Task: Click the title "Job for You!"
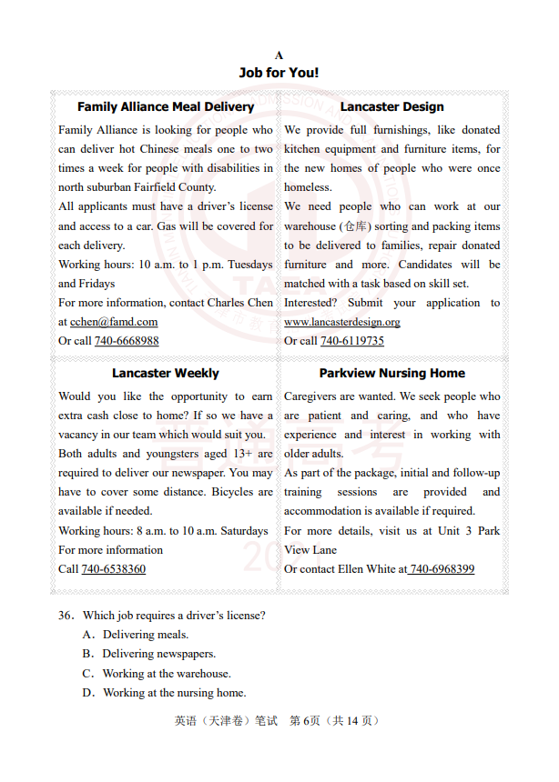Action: click(x=279, y=72)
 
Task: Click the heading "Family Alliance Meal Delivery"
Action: click(x=166, y=106)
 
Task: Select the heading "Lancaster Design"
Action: click(x=391, y=106)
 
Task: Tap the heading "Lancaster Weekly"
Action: click(x=166, y=373)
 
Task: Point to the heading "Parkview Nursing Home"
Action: click(x=391, y=373)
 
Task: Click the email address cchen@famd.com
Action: click(x=114, y=322)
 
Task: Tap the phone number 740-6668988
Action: click(x=127, y=341)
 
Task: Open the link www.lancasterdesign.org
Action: click(x=341, y=322)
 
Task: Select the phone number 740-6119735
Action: click(x=352, y=341)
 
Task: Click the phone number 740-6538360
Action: click(x=113, y=569)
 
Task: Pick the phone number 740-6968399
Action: click(x=442, y=569)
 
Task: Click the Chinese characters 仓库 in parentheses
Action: click(x=351, y=226)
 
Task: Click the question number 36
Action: click(x=66, y=616)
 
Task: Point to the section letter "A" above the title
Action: click(x=279, y=55)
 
